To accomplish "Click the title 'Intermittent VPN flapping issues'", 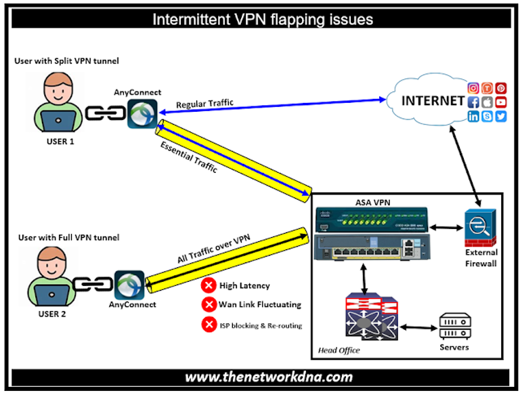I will tap(262, 19).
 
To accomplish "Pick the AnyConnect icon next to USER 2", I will tap(129, 285).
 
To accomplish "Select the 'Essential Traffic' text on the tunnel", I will tap(189, 157).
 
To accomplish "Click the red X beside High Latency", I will tap(209, 285).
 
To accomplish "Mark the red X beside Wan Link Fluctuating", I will tap(209, 305).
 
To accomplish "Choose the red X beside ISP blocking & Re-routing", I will tap(209, 325).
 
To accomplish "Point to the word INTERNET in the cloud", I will tap(433, 102).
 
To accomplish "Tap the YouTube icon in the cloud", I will tap(500, 102).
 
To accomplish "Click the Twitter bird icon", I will tap(500, 117).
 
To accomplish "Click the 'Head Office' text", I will tap(339, 350).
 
